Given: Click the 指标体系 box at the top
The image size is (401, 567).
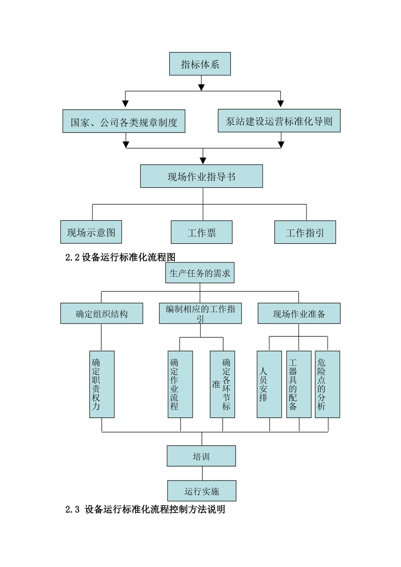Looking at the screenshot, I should (x=200, y=64).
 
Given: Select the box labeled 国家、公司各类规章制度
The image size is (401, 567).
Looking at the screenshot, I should (x=124, y=121).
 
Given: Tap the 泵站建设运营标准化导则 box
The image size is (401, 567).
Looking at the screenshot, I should (x=279, y=121).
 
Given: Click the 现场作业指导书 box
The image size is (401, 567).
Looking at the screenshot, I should (x=201, y=176).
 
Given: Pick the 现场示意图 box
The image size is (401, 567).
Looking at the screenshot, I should (x=91, y=232).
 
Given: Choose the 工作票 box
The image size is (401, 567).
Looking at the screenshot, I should (x=201, y=232).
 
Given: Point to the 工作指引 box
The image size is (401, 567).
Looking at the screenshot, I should (x=305, y=232).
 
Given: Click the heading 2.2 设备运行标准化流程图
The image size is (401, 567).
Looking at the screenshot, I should (x=120, y=257).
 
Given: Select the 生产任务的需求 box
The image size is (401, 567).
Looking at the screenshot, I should (x=200, y=273).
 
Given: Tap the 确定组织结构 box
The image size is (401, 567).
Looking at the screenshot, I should (x=101, y=313).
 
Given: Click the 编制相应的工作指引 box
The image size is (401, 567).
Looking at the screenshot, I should (x=200, y=313).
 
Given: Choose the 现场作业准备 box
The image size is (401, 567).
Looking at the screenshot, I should (x=299, y=313).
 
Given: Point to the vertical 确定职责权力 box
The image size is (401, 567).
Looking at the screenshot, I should (x=102, y=384).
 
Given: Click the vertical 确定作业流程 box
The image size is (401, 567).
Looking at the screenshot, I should (x=180, y=384).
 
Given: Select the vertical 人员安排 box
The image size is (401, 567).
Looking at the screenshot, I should (x=269, y=384).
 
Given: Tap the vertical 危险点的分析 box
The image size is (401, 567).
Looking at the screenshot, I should (x=327, y=384).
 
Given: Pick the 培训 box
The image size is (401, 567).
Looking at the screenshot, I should (x=201, y=456).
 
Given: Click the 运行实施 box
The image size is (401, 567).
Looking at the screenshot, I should (x=202, y=491).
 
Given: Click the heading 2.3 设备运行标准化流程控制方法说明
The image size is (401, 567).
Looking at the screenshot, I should (x=145, y=510).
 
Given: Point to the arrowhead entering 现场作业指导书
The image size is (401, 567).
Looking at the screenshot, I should (x=203, y=161).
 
